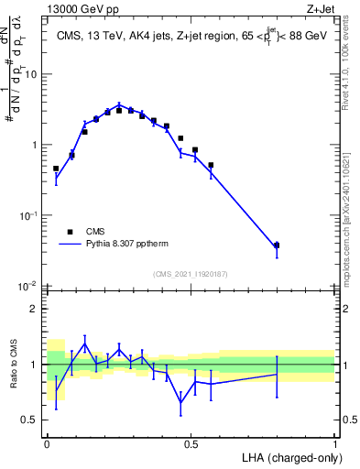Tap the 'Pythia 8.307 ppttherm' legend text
coord(127,245)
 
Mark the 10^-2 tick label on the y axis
coord(29,286)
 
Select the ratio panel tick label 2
coord(34,309)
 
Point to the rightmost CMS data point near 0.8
coord(277,245)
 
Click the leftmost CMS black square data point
coord(56,169)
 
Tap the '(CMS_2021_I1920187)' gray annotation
coord(190,274)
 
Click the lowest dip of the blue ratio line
coord(180,402)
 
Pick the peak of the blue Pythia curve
coord(119,104)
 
